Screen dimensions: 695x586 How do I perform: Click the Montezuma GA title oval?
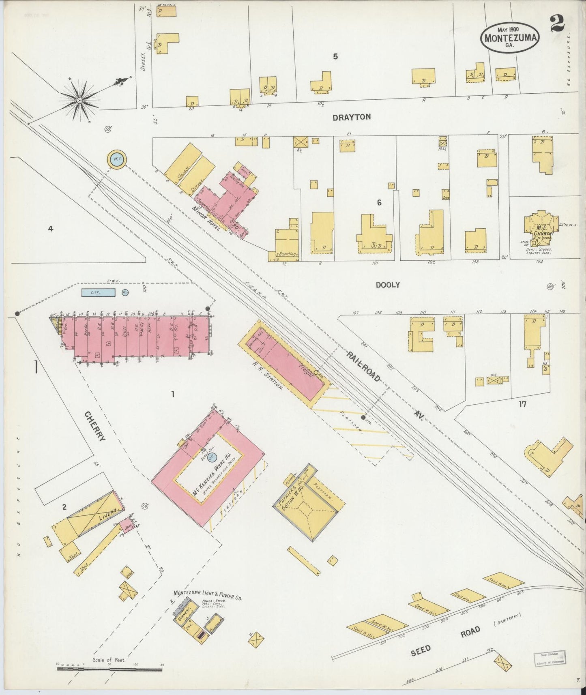click(510, 36)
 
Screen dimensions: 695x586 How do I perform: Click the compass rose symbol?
click(79, 100)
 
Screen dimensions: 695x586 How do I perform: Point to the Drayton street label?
click(351, 117)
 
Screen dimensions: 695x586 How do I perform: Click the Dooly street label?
click(387, 285)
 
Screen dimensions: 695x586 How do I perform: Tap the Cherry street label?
click(95, 426)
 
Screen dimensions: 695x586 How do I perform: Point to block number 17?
click(522, 404)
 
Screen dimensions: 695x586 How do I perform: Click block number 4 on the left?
click(50, 229)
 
